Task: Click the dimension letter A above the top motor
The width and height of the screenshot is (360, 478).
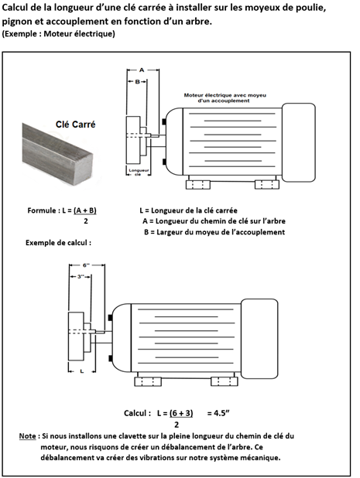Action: [x=142, y=70]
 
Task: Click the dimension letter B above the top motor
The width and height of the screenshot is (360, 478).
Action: [x=137, y=82]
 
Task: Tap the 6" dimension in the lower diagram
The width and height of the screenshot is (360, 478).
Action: [x=87, y=265]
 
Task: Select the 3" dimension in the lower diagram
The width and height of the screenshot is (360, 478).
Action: [x=81, y=276]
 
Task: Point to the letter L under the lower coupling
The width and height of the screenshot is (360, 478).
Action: [x=82, y=371]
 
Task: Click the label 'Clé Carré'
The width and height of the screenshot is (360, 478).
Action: [x=75, y=125]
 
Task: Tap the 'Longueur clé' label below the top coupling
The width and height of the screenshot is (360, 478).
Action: [x=139, y=172]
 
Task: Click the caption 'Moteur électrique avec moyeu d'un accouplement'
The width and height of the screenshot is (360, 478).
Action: [x=225, y=98]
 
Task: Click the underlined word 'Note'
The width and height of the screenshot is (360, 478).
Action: [x=27, y=436]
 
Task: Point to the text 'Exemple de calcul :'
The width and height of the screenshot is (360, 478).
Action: [x=58, y=243]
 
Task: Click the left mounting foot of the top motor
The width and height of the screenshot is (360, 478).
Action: [x=198, y=185]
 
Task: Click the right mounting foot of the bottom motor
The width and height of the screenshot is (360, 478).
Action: [x=225, y=381]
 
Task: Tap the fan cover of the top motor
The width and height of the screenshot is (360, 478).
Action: [x=298, y=142]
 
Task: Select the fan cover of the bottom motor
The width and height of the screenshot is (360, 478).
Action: [x=259, y=339]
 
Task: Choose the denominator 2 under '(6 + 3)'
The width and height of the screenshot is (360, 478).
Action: [x=177, y=425]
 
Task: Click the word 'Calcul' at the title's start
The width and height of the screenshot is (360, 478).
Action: [x=15, y=8]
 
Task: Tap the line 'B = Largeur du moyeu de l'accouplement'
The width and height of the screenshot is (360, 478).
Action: [x=214, y=232]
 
